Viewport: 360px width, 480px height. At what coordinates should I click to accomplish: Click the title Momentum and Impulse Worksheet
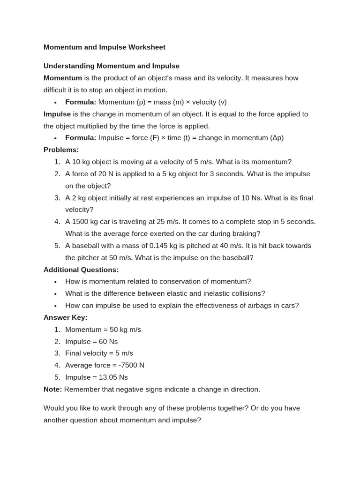[x=104, y=47]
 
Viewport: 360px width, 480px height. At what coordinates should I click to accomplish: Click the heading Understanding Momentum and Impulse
[x=111, y=66]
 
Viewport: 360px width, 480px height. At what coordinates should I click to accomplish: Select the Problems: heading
[x=61, y=150]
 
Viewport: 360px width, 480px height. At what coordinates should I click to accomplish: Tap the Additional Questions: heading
[x=81, y=270]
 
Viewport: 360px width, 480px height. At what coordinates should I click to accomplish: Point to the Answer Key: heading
[x=65, y=318]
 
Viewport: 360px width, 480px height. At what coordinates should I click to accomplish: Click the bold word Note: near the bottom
[x=52, y=390]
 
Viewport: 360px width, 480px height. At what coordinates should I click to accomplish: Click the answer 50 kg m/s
[x=125, y=330]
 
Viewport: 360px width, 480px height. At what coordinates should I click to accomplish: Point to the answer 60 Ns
[x=108, y=342]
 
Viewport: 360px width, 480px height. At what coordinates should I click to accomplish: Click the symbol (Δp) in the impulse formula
[x=277, y=138]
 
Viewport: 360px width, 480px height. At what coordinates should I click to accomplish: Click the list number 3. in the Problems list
[x=57, y=198]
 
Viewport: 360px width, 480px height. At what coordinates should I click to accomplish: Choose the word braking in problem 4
[x=247, y=234]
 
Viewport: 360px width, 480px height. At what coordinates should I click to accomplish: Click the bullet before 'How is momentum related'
[x=55, y=282]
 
